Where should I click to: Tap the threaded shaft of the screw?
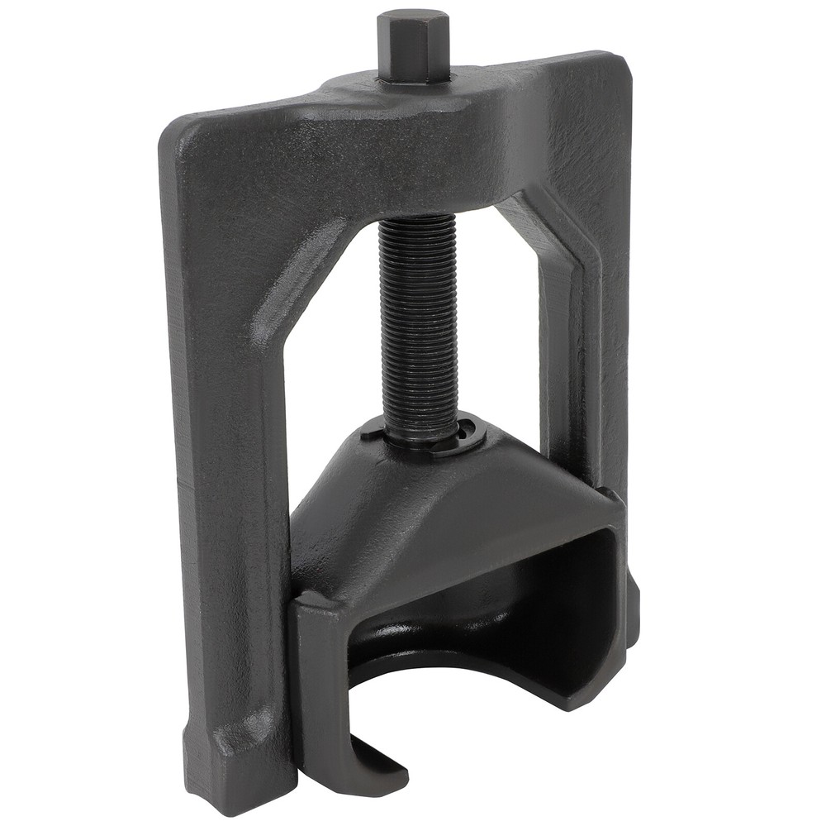(420, 322)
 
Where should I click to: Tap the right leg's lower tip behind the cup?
(632, 612)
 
